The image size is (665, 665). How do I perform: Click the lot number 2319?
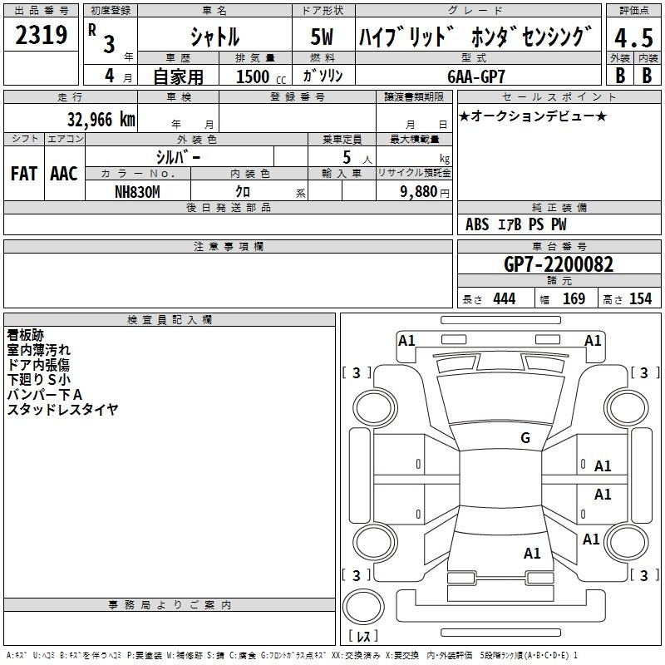(41, 35)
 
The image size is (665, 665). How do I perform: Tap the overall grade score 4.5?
(633, 37)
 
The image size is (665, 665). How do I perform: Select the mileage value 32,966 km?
(101, 120)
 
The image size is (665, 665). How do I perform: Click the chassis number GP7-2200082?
(559, 264)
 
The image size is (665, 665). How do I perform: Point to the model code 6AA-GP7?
(476, 76)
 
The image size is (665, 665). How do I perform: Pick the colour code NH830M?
(137, 192)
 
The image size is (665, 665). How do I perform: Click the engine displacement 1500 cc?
(261, 76)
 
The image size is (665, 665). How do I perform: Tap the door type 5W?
(322, 37)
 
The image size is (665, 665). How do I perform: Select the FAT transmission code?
(24, 174)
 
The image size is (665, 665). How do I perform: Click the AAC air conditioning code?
(64, 174)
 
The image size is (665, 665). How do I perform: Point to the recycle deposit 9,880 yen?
(425, 192)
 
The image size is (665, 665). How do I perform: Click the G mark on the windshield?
(525, 437)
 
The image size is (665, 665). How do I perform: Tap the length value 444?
(505, 298)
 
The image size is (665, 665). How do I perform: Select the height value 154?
(640, 298)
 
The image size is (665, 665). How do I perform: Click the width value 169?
(574, 298)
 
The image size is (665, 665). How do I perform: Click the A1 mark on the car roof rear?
(532, 553)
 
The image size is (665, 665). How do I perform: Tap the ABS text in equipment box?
(477, 224)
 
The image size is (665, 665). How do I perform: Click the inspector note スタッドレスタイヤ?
(62, 410)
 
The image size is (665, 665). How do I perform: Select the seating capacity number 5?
(347, 157)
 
